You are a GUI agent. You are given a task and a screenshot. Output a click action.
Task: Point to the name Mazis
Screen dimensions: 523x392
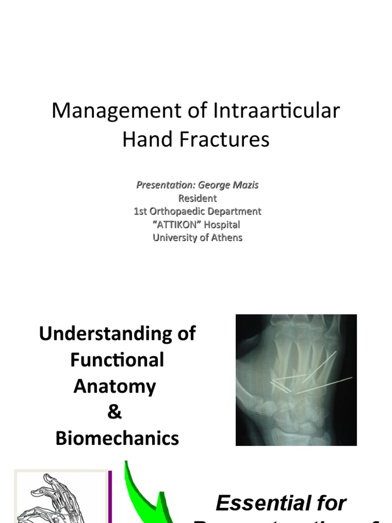[246, 185]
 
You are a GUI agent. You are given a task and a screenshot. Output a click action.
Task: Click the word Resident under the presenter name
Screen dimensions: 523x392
[197, 198]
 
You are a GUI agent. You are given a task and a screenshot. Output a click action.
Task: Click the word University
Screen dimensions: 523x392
[173, 237]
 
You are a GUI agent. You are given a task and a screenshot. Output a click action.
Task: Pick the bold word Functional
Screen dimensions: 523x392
[117, 360]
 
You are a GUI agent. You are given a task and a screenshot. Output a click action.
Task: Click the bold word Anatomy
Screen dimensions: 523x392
[114, 386]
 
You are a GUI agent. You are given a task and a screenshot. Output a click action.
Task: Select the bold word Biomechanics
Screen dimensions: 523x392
[117, 439]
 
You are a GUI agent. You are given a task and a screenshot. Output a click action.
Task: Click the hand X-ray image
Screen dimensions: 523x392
[296, 379]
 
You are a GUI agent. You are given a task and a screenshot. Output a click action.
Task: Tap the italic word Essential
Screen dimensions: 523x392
[281, 504]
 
